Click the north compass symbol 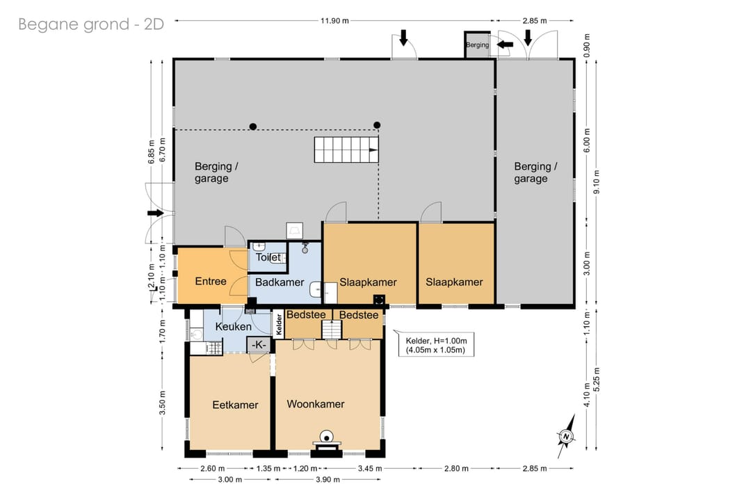567,436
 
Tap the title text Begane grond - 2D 91,24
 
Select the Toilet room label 268,257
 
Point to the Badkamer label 280,282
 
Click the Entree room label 211,281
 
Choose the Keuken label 233,327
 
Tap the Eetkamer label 235,405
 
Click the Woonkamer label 316,404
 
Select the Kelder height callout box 436,345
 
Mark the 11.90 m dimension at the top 334,21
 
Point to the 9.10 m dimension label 597,182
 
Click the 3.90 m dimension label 328,479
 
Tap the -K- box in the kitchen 259,344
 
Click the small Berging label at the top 478,45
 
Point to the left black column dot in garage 253,127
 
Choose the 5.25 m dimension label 597,379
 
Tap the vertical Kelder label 280,324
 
